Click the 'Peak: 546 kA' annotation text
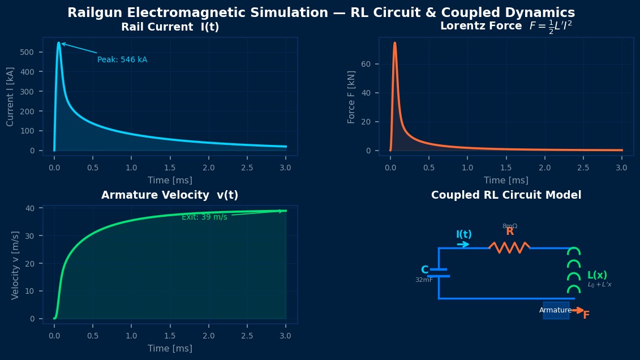click(x=122, y=60)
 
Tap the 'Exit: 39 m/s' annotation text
click(x=204, y=217)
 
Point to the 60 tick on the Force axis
click(x=366, y=64)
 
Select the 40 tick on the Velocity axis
click(x=31, y=208)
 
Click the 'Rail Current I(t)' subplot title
click(x=170, y=27)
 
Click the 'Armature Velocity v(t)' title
click(x=170, y=195)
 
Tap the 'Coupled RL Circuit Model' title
click(x=506, y=195)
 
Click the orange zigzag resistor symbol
click(x=509, y=247)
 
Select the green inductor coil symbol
click(x=574, y=271)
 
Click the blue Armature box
click(x=556, y=310)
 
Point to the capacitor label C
click(x=425, y=270)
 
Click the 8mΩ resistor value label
click(x=510, y=226)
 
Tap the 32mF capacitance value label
click(x=424, y=280)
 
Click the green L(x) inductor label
click(x=597, y=275)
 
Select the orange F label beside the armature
click(x=586, y=315)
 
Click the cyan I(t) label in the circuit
click(x=464, y=234)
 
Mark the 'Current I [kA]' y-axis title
click(x=10, y=97)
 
